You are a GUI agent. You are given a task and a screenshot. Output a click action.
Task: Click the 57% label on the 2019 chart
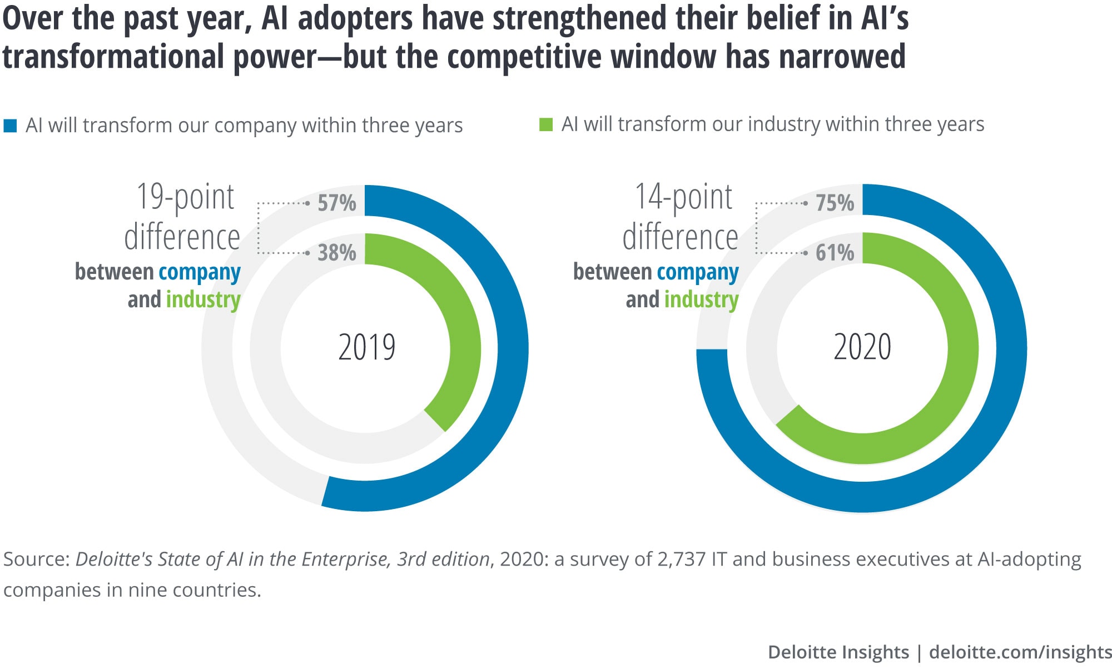[336, 203]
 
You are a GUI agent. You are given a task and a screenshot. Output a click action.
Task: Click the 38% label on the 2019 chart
[336, 253]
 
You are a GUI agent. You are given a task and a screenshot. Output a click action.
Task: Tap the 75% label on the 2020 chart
[835, 203]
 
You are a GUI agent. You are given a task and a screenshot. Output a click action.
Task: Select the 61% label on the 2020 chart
[835, 253]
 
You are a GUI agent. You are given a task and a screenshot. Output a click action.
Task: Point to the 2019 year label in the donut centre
[366, 347]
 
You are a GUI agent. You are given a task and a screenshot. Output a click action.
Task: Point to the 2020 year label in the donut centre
[862, 347]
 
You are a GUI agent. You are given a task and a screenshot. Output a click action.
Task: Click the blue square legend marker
[10, 126]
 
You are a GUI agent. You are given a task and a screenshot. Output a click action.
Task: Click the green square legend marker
[546, 124]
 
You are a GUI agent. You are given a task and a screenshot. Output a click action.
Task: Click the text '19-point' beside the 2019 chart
[185, 197]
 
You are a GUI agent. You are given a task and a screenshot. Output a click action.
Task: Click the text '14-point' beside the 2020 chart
[683, 197]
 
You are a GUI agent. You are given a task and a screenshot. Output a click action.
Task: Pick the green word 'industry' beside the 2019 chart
[203, 299]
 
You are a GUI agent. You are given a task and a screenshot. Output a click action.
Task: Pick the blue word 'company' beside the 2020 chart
[697, 272]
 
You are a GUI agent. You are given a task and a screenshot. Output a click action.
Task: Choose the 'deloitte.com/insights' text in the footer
[1020, 652]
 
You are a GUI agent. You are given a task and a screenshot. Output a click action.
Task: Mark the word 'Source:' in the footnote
[36, 559]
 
